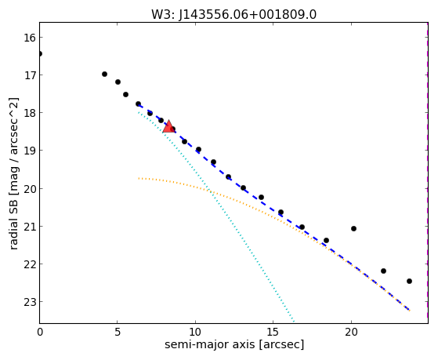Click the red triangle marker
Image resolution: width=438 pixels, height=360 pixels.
pos(168,126)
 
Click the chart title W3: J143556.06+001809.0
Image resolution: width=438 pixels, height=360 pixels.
pos(233,15)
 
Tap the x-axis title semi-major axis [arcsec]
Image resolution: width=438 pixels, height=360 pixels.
pos(234,344)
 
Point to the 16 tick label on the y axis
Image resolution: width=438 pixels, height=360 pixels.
pos(30,38)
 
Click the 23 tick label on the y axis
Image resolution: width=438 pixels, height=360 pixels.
pos(30,302)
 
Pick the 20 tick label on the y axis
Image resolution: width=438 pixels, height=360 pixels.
pos(30,189)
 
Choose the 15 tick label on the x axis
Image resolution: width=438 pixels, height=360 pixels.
pos(273,332)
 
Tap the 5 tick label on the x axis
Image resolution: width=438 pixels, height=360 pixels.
pos(118,332)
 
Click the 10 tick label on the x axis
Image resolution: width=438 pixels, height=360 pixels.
pos(195,332)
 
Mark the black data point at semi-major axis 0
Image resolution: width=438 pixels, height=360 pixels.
pos(40,53)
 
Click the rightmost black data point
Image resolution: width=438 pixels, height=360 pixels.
pos(409,281)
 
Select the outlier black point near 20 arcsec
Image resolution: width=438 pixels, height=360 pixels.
pos(353,228)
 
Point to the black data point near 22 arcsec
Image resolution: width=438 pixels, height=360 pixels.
pos(383,271)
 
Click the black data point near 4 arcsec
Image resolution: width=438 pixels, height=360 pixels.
pos(104,75)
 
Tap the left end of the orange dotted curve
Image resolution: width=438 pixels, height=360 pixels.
pos(139,178)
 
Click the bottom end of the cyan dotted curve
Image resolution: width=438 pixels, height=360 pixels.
pos(294,322)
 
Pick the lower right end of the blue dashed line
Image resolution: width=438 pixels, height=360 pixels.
pos(410,311)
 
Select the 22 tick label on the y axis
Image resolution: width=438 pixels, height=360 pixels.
pos(30,264)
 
